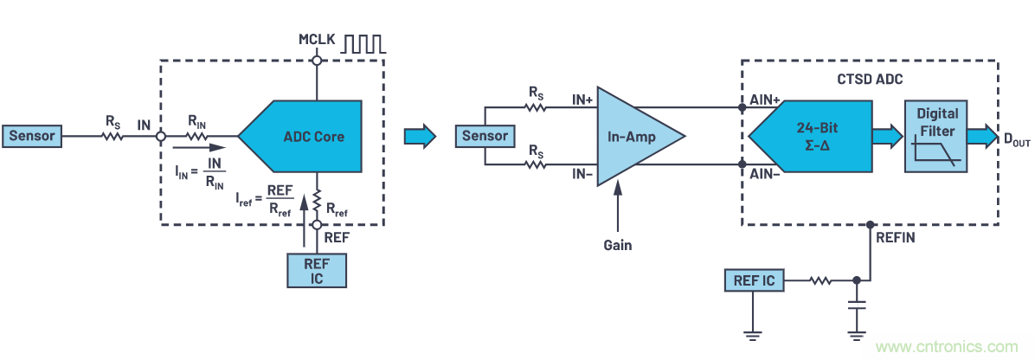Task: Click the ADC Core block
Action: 307,136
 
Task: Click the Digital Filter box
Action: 937,136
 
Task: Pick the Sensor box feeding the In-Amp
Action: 485,136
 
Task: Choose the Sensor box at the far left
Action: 33,136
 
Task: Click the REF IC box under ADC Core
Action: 317,271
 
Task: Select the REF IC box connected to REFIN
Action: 755,280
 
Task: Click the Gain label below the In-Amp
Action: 618,245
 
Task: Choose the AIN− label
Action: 766,173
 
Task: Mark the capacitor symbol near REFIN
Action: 857,306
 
